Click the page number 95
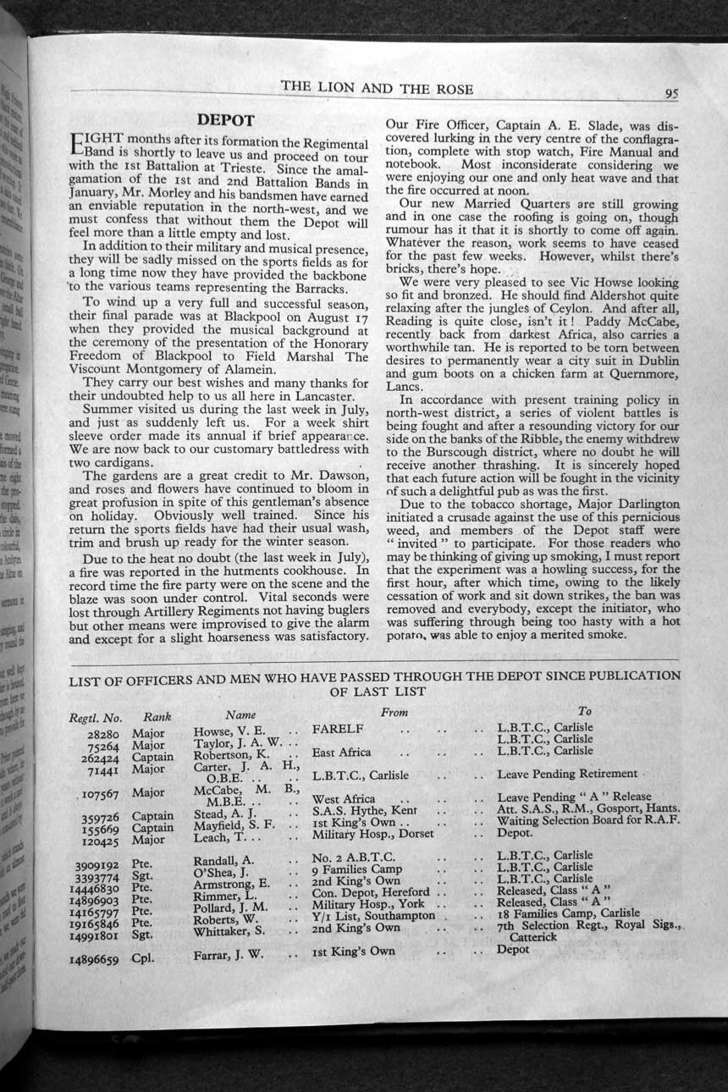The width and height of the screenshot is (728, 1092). pyautogui.click(x=670, y=94)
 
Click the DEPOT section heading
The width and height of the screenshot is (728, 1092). pyautogui.click(x=225, y=121)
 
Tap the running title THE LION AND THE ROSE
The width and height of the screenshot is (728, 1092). pyautogui.click(x=377, y=88)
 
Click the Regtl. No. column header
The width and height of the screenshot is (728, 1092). pyautogui.click(x=95, y=718)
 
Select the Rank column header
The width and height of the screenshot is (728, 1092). pyautogui.click(x=157, y=717)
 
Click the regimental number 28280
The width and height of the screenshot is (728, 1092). pyautogui.click(x=103, y=734)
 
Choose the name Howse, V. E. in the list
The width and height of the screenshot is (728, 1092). pyautogui.click(x=229, y=730)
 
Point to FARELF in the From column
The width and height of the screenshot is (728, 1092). pyautogui.click(x=338, y=729)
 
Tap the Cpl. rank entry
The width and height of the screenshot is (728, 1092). pyautogui.click(x=142, y=959)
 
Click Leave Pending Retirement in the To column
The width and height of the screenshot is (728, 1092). pyautogui.click(x=566, y=774)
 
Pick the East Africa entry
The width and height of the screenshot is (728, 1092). pyautogui.click(x=341, y=752)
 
